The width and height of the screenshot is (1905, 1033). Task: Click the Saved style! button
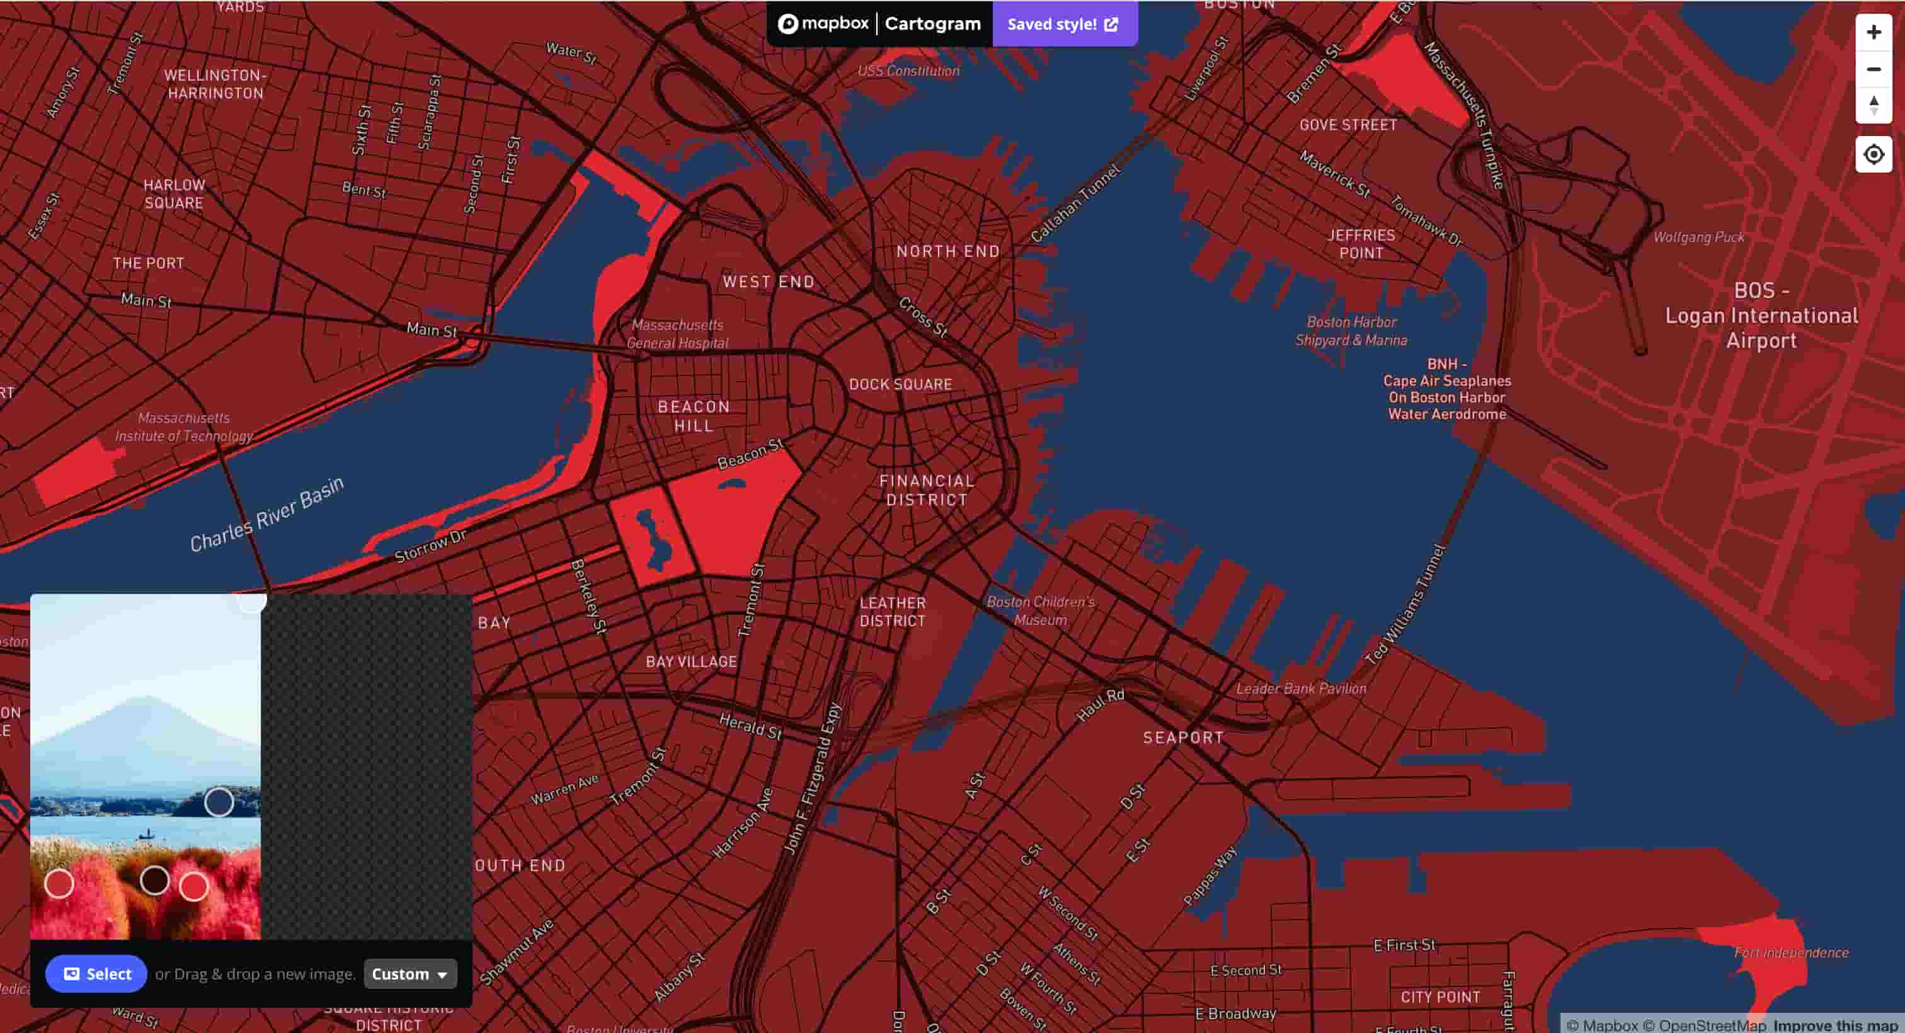tap(1063, 24)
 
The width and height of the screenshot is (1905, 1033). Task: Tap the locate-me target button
tap(1874, 154)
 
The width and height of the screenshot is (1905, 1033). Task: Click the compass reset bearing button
tap(1874, 105)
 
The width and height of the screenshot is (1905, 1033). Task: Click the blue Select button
tap(96, 973)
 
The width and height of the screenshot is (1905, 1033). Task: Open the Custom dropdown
tap(409, 973)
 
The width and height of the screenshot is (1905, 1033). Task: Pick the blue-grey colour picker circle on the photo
tap(219, 802)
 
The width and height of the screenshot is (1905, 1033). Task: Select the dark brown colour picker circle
tap(154, 879)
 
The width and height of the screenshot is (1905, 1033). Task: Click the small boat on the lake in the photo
tap(146, 835)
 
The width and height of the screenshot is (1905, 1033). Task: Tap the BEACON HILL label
tap(694, 416)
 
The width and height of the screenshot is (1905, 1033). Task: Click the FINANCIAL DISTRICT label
tap(927, 489)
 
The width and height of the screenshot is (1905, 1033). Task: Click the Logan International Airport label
tap(1761, 316)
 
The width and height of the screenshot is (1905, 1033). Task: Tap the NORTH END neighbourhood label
tap(948, 251)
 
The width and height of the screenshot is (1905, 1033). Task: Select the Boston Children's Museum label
tap(1041, 610)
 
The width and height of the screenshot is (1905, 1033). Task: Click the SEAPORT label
tap(1183, 736)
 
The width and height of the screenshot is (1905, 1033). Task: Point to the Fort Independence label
tap(1791, 952)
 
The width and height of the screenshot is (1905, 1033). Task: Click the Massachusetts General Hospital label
tap(677, 333)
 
